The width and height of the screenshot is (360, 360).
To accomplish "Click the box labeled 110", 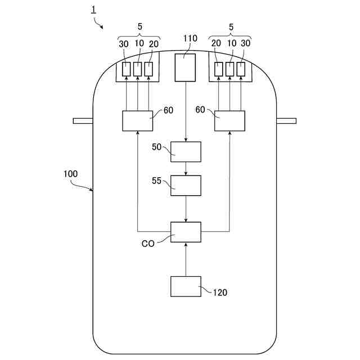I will coord(186,67).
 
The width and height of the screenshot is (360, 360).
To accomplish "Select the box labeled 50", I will coord(186,151).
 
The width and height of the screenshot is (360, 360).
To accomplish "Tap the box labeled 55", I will coord(186,185).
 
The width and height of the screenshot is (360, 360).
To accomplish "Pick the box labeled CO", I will coord(186,232).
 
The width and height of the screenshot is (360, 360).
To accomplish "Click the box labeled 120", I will coord(186,286).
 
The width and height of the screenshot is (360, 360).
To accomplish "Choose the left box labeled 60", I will coord(137,121).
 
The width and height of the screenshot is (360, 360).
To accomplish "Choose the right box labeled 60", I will coord(229,121).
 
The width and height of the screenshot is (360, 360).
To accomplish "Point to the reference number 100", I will coord(71,174).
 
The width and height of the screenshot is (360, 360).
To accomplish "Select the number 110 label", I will coord(190,38).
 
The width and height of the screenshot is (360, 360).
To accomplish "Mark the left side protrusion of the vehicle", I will coord(83,120).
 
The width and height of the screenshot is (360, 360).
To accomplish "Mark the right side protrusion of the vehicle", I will coord(286,120).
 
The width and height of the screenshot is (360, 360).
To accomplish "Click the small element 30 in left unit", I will coord(126,69).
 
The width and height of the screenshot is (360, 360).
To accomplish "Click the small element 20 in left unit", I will coord(148,69).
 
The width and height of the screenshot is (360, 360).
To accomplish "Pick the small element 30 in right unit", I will coord(241,69).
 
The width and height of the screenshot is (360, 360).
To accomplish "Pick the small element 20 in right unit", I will coord(218,69).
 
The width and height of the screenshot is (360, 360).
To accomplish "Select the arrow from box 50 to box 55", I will coord(186,168).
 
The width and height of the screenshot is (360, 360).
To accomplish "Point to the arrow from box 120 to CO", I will coord(186,259).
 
